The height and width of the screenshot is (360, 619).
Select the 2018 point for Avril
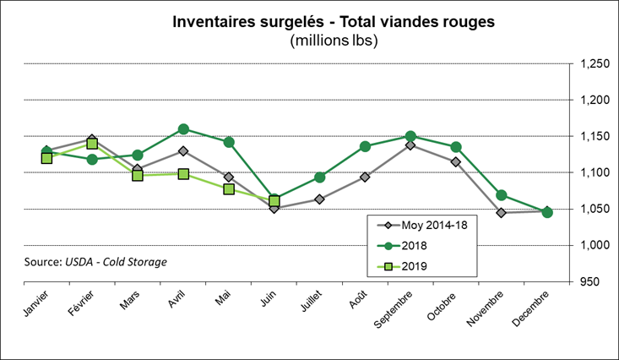[x=183, y=129]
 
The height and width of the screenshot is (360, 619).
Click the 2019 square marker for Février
[x=92, y=144]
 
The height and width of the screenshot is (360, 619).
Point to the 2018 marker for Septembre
[x=410, y=136]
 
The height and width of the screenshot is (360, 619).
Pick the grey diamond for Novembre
[x=502, y=213]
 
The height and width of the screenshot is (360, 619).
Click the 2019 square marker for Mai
[x=229, y=188]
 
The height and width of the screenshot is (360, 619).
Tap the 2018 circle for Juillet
[x=320, y=177]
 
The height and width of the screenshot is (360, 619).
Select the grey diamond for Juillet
[x=320, y=199]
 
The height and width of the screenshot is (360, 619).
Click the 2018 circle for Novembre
[x=502, y=195]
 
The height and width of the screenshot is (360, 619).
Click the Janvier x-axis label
[x=35, y=303]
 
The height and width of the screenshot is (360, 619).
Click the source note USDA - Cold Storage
[x=95, y=261]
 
